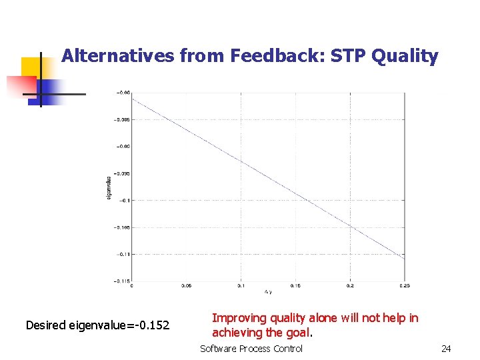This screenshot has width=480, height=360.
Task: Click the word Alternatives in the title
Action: coord(118,56)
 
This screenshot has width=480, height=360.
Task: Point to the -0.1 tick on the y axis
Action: coord(125,200)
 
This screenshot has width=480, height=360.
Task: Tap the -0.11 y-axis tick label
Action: coord(123,254)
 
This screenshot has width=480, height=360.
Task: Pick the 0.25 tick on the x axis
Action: coord(404,286)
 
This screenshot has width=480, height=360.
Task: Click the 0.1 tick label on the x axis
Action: coord(241,286)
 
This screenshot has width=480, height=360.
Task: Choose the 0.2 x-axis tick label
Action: coord(350,286)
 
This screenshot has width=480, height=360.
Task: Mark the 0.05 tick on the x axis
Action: coord(186,286)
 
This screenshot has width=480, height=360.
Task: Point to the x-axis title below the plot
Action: coord(268,291)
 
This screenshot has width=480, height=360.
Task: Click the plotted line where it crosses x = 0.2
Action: coord(350,227)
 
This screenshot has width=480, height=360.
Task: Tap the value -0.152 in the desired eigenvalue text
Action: coord(150,325)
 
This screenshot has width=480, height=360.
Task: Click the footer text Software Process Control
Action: coord(251,349)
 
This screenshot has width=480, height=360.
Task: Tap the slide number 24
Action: coord(446,349)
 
